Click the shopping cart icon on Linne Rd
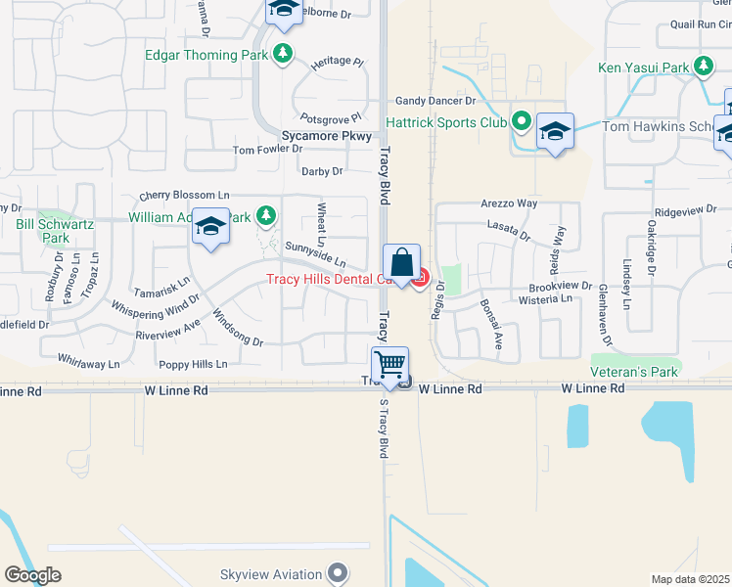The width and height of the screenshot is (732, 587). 390,365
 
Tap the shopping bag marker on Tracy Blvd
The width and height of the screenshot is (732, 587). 401,263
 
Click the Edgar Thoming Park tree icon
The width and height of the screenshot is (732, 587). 283,53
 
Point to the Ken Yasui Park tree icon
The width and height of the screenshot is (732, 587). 703,67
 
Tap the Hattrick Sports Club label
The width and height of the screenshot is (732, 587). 445,123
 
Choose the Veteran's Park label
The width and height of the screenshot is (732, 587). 634,373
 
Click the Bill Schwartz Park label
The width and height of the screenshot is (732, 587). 69,231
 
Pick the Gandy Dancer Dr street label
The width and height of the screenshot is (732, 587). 435,101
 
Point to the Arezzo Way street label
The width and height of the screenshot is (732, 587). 509,203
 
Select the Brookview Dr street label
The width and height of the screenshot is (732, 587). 560,286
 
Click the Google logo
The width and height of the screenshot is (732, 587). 32,574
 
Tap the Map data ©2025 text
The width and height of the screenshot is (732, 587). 691,579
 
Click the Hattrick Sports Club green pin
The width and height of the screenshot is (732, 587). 522,123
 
